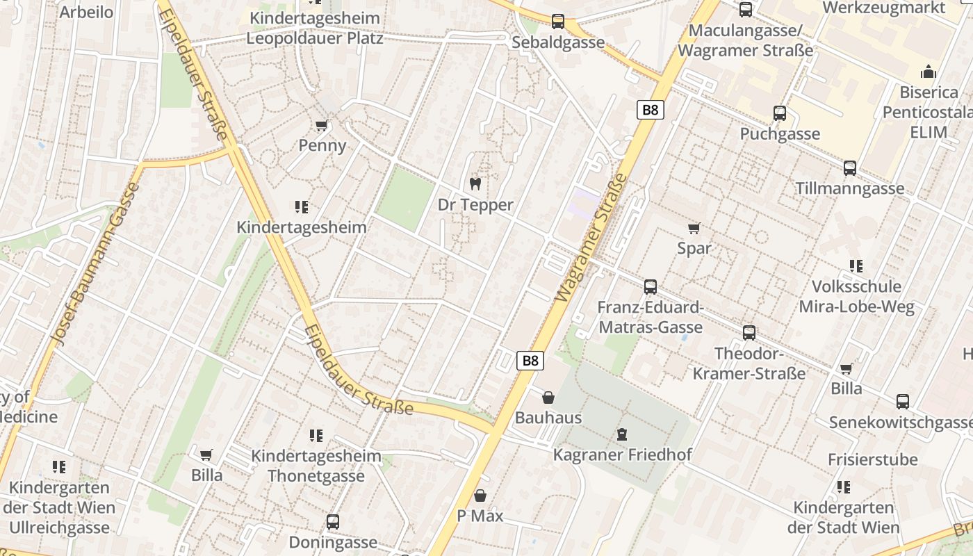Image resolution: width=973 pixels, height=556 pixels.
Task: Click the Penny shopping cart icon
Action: [x=321, y=126]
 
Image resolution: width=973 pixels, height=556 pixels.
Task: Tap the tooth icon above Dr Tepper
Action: [x=475, y=184]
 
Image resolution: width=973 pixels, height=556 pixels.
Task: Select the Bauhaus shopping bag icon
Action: [x=548, y=398]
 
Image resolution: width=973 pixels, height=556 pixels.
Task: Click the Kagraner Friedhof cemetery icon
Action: [x=622, y=434]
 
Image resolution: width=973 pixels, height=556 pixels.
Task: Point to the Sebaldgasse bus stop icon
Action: [x=558, y=22]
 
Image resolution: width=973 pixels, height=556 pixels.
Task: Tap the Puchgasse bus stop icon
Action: [x=780, y=113]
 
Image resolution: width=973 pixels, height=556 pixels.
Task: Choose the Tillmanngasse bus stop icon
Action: [x=850, y=167]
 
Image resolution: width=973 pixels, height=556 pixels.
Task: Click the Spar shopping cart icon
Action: [x=694, y=228]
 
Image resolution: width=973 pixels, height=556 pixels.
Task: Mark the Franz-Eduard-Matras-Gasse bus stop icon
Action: [x=651, y=286]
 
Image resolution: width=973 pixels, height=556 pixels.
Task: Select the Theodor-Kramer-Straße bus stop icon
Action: [x=749, y=332]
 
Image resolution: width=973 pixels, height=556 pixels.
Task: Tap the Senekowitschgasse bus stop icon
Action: [x=903, y=401]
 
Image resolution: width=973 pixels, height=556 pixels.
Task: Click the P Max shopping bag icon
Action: [x=480, y=496]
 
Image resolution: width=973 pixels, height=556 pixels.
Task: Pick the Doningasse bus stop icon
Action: [x=333, y=521]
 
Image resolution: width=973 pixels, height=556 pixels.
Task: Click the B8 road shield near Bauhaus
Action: [x=530, y=361]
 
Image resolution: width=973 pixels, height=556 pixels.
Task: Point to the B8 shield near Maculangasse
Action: [x=651, y=110]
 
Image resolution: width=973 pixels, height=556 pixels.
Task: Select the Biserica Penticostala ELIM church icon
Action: [x=928, y=71]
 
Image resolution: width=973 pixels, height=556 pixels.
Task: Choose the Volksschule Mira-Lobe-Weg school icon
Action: [x=856, y=265]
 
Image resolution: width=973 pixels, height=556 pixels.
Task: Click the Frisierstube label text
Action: [x=872, y=459]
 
